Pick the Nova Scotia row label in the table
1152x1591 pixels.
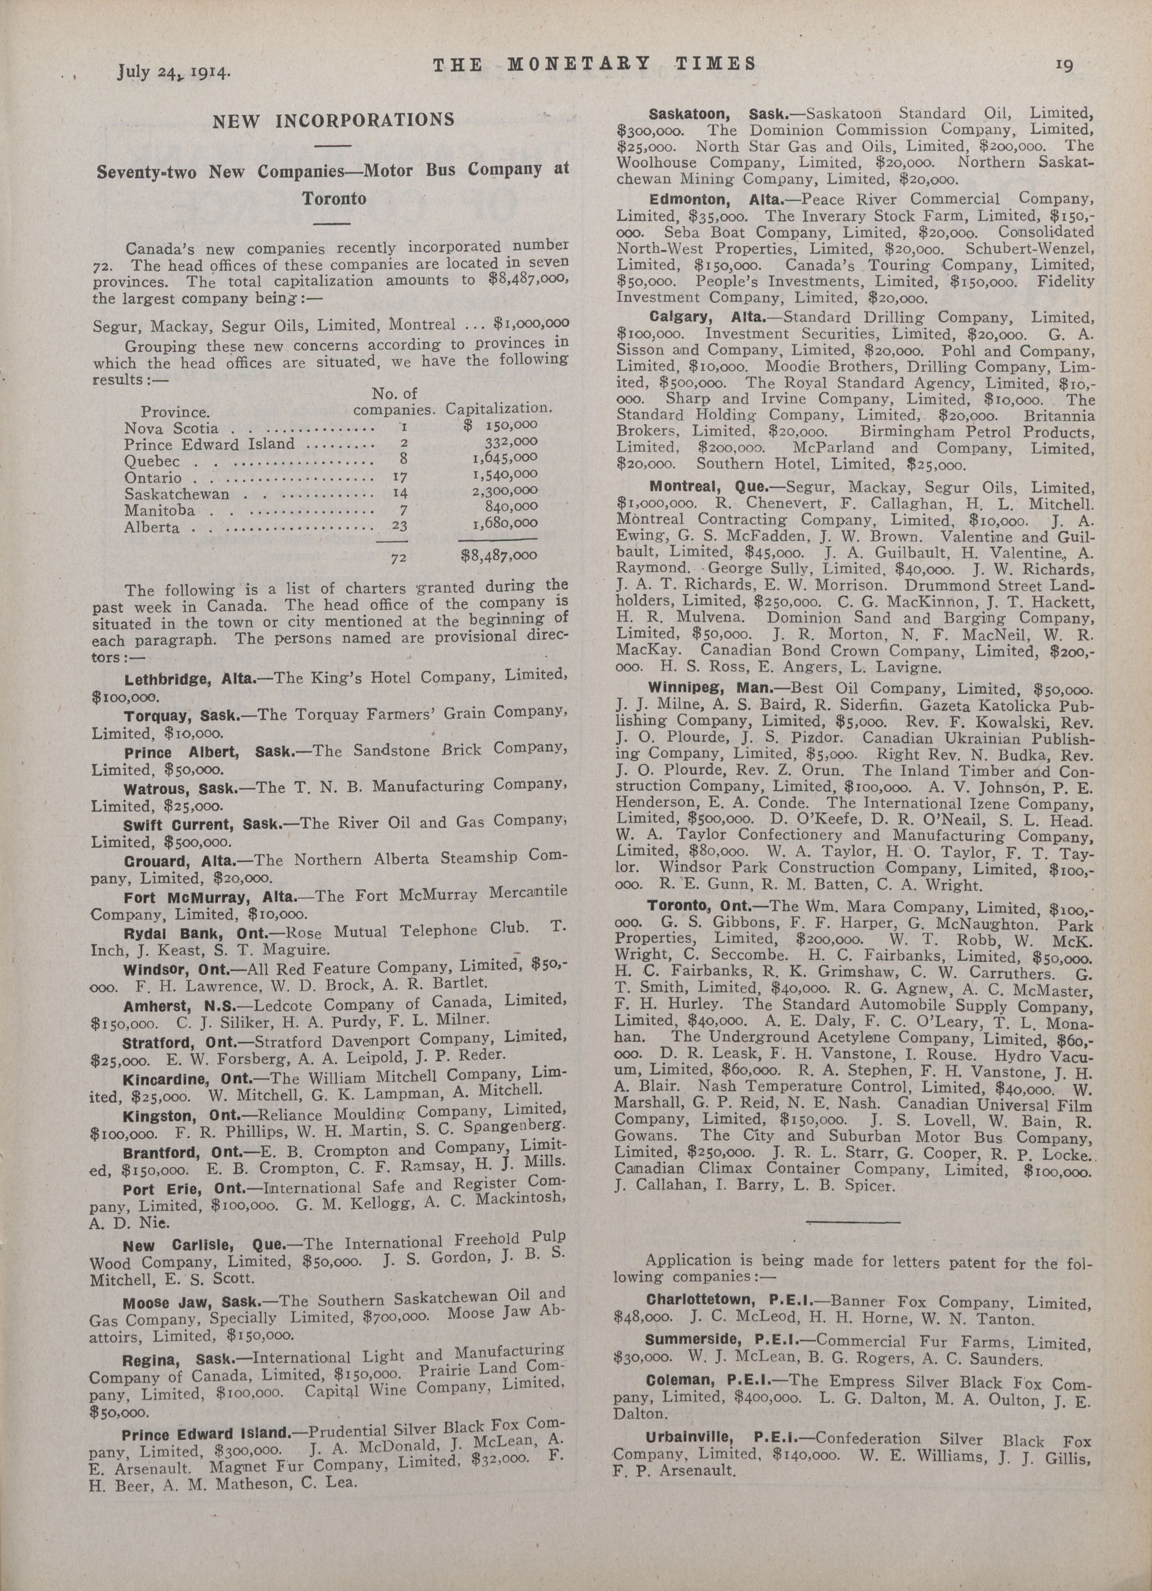point(171,428)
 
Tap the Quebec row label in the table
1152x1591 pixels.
point(152,461)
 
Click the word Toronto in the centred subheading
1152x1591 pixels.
point(334,198)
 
